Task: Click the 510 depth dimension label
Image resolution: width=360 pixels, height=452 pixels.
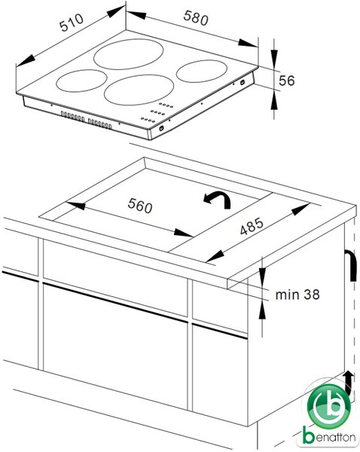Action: click(x=72, y=22)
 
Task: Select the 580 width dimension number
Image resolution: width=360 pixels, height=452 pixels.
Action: click(x=196, y=18)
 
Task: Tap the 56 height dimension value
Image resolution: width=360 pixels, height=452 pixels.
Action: click(x=287, y=81)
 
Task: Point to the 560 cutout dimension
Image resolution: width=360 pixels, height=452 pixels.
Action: click(x=140, y=206)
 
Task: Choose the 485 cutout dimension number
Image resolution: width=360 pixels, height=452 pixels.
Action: click(x=252, y=226)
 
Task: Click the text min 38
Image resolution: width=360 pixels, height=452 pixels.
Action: click(x=297, y=295)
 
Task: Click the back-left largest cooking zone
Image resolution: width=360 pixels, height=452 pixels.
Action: click(x=129, y=54)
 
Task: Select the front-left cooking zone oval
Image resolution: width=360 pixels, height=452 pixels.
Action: click(x=82, y=81)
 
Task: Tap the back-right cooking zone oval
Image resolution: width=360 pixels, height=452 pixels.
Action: click(x=202, y=72)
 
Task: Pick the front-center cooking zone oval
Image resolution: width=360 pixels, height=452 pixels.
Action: click(x=139, y=90)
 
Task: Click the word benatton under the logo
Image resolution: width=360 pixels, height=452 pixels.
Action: click(x=329, y=437)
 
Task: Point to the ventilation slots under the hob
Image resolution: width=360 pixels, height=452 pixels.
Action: click(x=87, y=120)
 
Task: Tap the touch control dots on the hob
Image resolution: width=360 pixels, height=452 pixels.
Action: click(x=157, y=112)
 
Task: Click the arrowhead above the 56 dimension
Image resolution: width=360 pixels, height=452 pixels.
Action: click(x=274, y=55)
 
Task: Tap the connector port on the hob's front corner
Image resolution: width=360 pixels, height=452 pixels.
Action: click(x=161, y=128)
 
